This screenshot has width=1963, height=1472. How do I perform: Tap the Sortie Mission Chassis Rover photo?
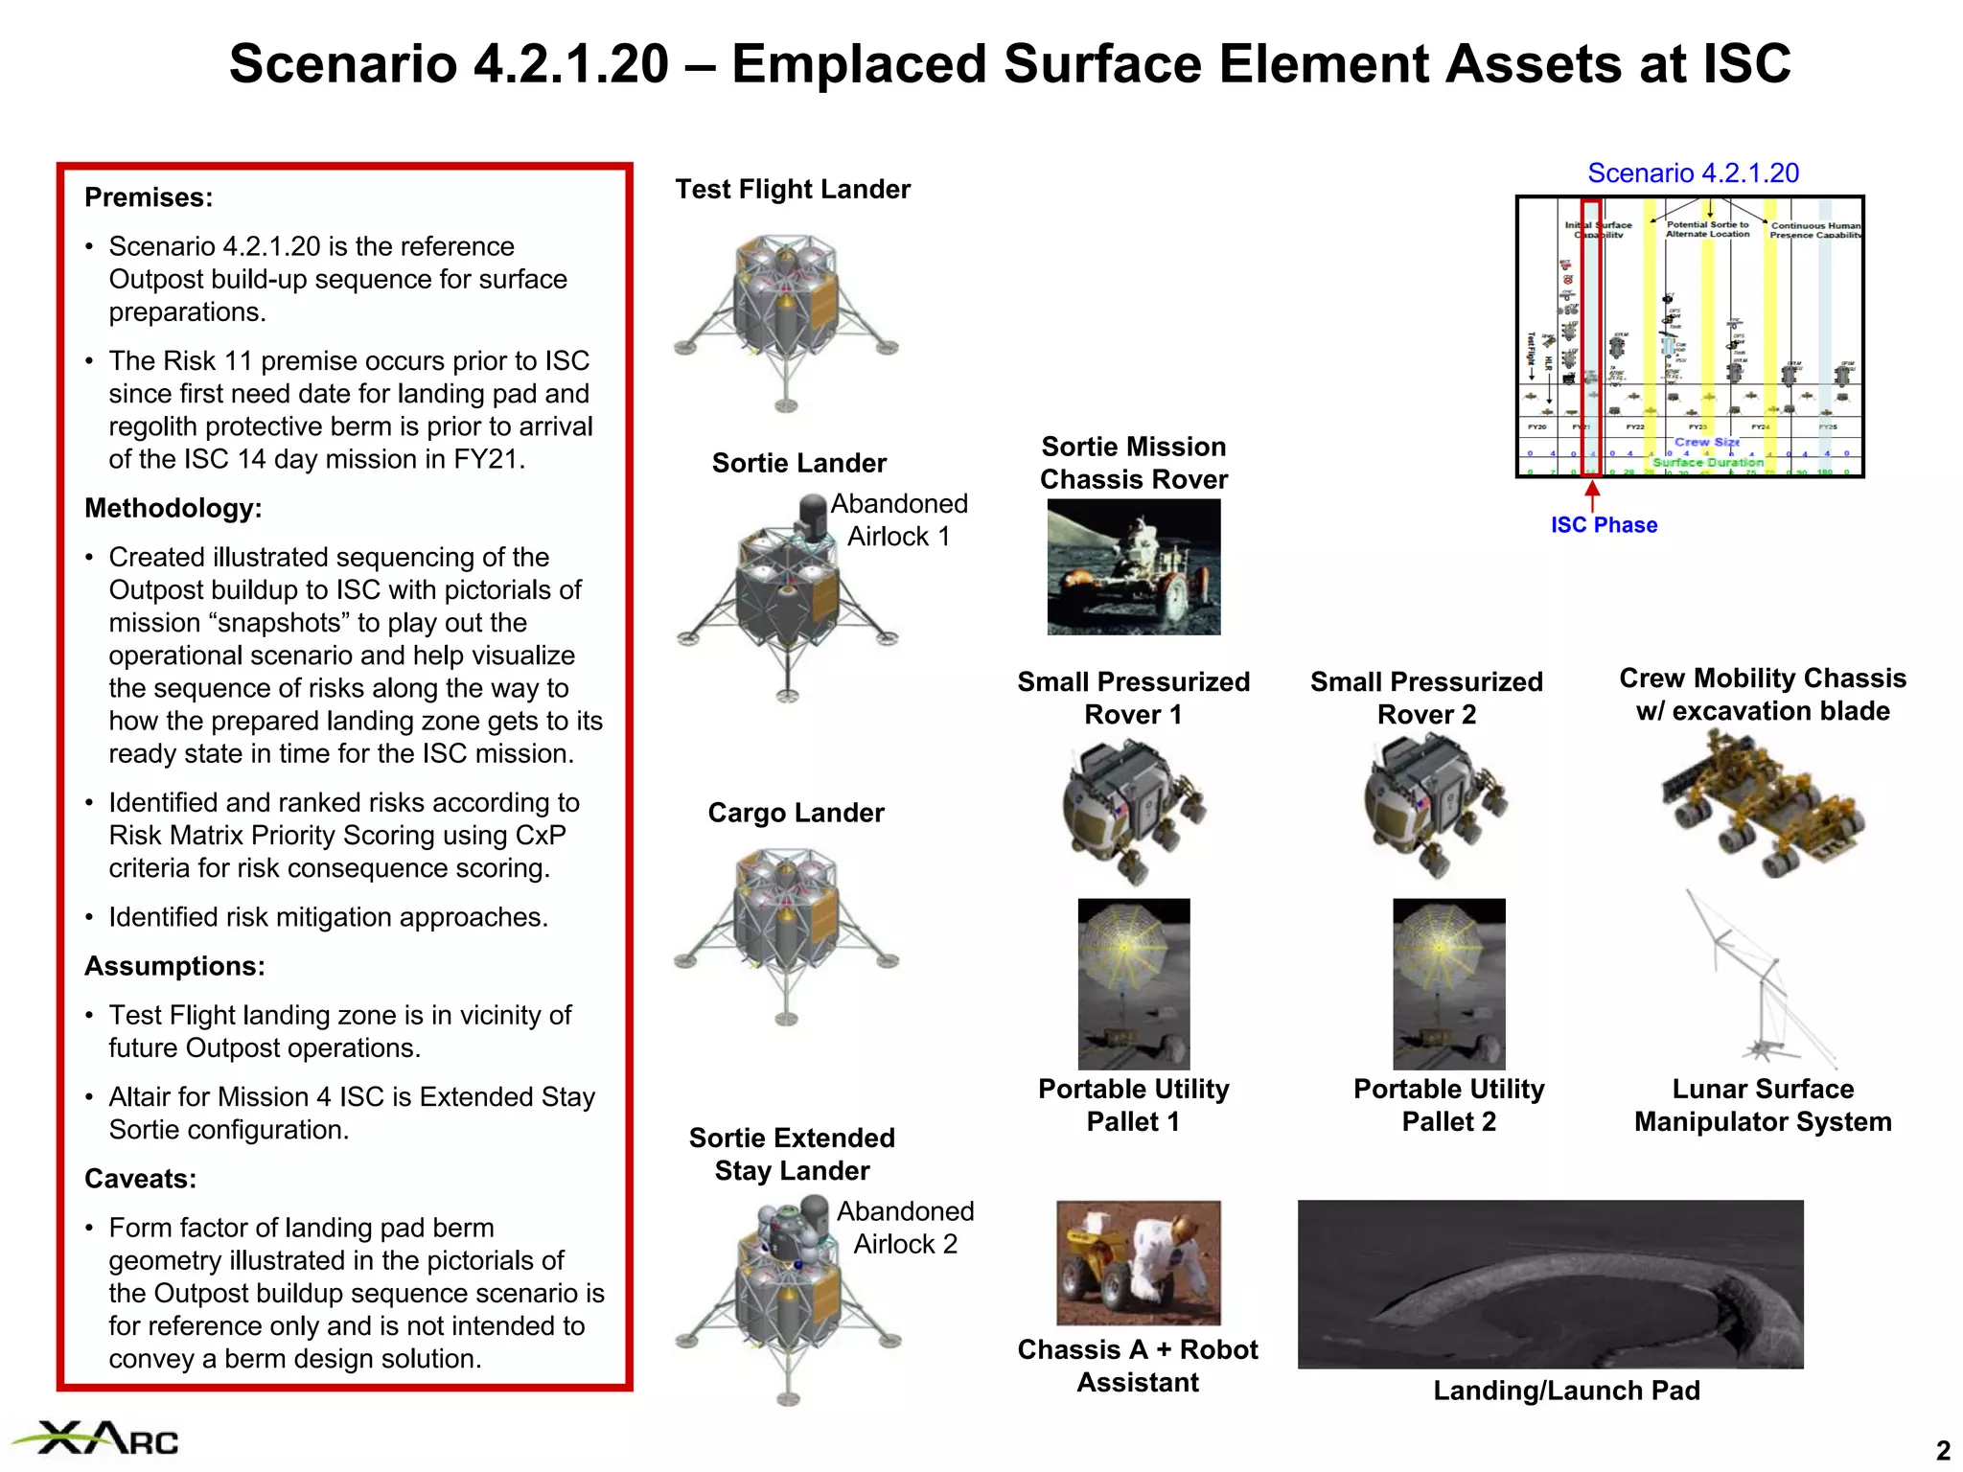[1134, 566]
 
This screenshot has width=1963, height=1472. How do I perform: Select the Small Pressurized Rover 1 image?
[1133, 809]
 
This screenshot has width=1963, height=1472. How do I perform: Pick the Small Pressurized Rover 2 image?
[1435, 806]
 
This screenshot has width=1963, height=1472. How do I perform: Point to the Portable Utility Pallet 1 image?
[1134, 983]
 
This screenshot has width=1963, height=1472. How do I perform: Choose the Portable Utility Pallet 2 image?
[1448, 983]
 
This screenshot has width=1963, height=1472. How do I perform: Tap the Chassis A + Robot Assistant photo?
[1138, 1262]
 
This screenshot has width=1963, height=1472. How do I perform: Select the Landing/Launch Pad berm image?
[1550, 1283]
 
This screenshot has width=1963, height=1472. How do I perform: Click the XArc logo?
[96, 1438]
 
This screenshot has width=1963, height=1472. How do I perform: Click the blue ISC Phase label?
[1604, 525]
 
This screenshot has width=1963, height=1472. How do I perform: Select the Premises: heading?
[149, 197]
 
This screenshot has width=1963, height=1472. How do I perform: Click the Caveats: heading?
[140, 1179]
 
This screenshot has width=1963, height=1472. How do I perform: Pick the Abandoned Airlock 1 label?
[898, 519]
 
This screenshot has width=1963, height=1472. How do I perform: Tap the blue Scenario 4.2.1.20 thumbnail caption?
[1693, 173]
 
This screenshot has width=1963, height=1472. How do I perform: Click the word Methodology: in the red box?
[173, 508]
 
